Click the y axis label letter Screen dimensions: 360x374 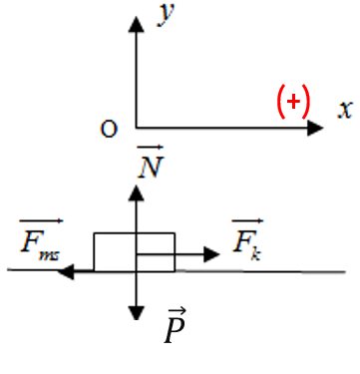tap(166, 14)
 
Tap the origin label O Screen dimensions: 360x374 tap(109, 129)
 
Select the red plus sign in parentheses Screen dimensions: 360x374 tap(293, 102)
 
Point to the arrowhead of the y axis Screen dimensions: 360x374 tap(136, 24)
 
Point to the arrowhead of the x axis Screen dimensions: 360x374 tap(315, 128)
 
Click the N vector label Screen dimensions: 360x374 tap(151, 162)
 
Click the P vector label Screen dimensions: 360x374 tap(176, 326)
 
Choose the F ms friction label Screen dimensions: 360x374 tap(41, 240)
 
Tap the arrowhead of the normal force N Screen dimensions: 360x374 tap(136, 192)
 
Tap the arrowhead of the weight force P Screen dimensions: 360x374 tap(136, 313)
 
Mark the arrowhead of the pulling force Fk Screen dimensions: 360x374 tap(211, 254)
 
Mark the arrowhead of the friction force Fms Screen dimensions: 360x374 tap(66, 271)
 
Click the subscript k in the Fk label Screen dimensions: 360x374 tap(255, 254)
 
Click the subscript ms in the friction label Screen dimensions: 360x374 tap(49, 255)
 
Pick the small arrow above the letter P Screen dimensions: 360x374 tap(178, 311)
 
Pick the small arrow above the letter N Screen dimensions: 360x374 tap(151, 147)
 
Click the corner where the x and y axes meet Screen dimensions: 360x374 tap(136, 128)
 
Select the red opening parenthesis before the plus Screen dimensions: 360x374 tap(281, 102)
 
